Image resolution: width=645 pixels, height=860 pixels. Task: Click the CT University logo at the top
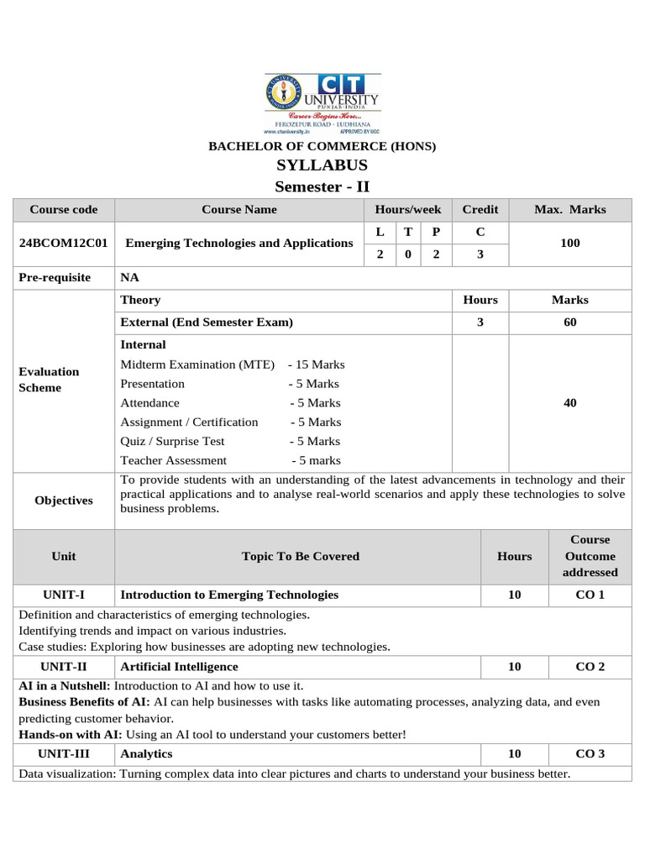(x=322, y=104)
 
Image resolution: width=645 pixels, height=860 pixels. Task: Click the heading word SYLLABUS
(x=322, y=165)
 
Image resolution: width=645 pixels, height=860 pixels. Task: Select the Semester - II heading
(x=322, y=186)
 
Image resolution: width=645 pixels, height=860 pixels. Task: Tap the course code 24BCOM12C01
(x=63, y=243)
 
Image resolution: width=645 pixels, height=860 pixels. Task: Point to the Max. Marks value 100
(x=570, y=243)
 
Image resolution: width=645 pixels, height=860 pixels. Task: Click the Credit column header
(x=480, y=209)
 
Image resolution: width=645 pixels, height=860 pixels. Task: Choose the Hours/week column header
(x=407, y=209)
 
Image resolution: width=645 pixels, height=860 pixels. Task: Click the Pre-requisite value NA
(x=130, y=277)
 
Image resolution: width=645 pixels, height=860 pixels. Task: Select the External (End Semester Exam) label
(x=207, y=322)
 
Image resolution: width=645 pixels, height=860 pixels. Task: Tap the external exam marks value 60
(x=570, y=322)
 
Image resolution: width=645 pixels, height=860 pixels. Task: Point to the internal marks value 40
(x=570, y=403)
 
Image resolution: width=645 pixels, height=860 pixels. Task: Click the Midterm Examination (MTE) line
(x=233, y=364)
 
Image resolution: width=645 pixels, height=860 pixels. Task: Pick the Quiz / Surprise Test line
(x=230, y=441)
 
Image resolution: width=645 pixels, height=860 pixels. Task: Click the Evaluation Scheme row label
(x=49, y=380)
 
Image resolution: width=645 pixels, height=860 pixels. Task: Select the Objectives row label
(x=63, y=501)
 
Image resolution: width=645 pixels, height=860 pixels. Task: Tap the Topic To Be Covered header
(x=300, y=556)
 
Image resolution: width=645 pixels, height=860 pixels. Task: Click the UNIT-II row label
(x=63, y=666)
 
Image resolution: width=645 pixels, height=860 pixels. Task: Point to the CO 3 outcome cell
(x=590, y=753)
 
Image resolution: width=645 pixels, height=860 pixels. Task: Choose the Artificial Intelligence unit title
(x=179, y=666)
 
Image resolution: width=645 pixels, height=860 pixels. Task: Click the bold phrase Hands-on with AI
(x=65, y=734)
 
